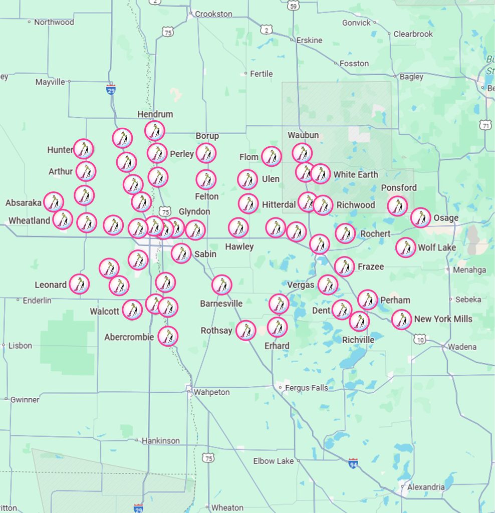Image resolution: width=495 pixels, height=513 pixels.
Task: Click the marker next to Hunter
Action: [84, 149]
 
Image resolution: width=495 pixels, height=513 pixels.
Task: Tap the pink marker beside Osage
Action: [420, 217]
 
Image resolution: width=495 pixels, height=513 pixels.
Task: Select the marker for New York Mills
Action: [401, 319]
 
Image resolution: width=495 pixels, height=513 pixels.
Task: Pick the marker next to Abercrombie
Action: [168, 336]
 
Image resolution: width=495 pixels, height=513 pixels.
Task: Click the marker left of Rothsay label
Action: [245, 331]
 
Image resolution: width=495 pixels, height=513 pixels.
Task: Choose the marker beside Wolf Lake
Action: [405, 247]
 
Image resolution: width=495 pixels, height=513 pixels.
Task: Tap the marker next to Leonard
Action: [79, 284]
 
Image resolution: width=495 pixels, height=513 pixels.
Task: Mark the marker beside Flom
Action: [271, 156]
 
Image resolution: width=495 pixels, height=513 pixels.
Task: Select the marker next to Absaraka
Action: [54, 202]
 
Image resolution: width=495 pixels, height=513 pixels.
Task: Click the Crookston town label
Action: [213, 14]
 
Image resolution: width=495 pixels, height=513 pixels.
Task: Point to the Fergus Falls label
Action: [306, 388]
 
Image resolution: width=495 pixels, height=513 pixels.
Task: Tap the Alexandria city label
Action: [425, 487]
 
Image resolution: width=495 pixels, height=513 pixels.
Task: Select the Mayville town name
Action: [50, 82]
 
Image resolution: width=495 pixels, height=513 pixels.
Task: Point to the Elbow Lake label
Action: [273, 461]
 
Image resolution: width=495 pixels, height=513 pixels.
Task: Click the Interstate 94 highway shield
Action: [353, 462]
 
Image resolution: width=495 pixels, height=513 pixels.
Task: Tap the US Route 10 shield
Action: [420, 340]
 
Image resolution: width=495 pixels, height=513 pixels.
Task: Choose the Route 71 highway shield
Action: [485, 125]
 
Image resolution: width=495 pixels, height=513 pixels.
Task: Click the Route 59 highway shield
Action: [294, 5]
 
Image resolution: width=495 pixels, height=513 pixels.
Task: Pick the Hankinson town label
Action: [160, 441]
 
